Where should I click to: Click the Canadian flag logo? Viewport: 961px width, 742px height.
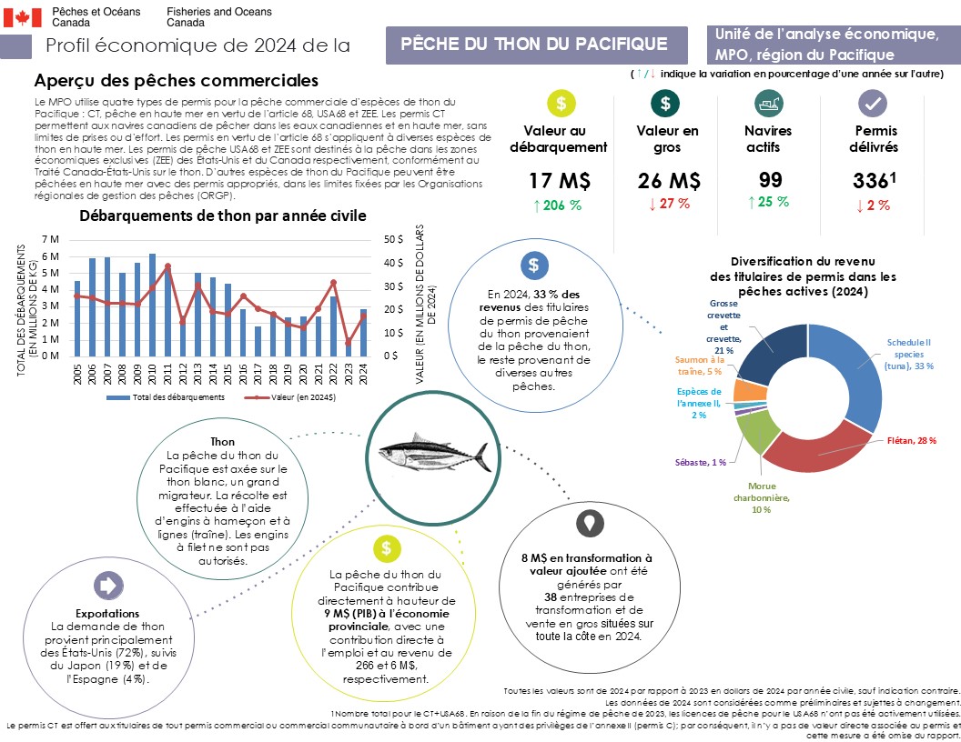pyautogui.click(x=23, y=15)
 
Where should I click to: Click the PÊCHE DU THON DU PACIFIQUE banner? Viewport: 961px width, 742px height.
pyautogui.click(x=534, y=45)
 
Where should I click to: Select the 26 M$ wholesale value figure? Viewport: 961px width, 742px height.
pyautogui.click(x=667, y=180)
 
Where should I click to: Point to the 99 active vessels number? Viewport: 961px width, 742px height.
pyautogui.click(x=770, y=180)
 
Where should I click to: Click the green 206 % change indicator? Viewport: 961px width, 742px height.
pyautogui.click(x=558, y=205)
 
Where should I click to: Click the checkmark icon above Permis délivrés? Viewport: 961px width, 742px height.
pyautogui.click(x=872, y=104)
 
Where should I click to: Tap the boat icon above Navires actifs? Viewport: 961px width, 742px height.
pyautogui.click(x=770, y=104)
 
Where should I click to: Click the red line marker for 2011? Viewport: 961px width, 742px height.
pyautogui.click(x=167, y=266)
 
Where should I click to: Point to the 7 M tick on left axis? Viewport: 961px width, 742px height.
pyautogui.click(x=52, y=238)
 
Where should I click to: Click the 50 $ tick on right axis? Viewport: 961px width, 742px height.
pyautogui.click(x=394, y=238)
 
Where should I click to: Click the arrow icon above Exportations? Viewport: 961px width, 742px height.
pyautogui.click(x=107, y=585)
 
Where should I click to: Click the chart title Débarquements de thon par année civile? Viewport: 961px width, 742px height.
pyautogui.click(x=223, y=216)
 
